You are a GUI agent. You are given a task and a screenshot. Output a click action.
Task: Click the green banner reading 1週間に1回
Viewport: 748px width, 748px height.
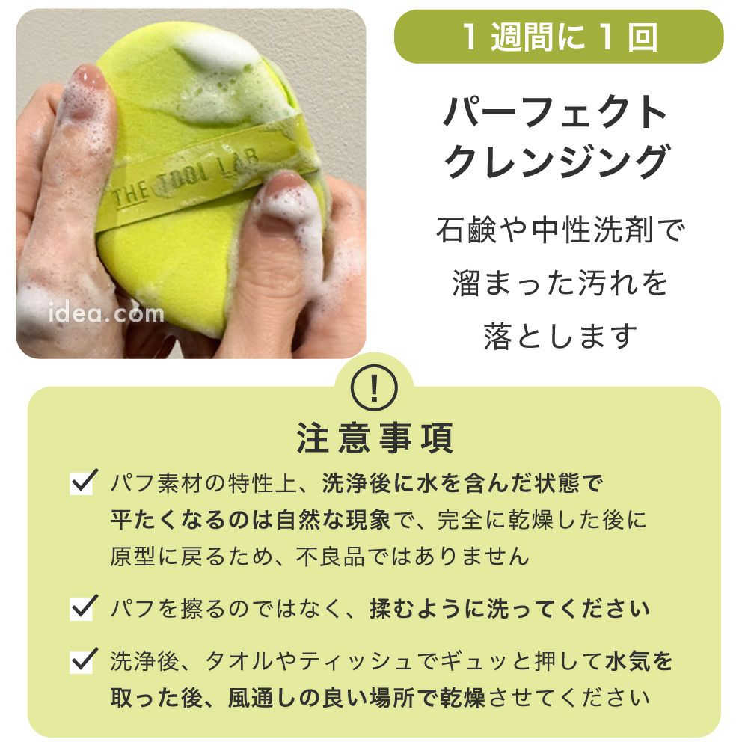click(559, 37)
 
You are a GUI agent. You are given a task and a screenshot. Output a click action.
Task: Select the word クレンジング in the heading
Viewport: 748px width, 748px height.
click(557, 162)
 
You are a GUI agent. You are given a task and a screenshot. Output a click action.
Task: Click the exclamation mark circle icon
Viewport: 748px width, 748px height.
click(374, 388)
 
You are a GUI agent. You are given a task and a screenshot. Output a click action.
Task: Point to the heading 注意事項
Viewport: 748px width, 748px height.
click(375, 438)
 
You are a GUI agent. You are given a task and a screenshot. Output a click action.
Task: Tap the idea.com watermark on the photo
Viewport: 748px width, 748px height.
click(106, 313)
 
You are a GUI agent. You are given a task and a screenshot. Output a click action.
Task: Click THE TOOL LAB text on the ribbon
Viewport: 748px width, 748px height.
click(185, 179)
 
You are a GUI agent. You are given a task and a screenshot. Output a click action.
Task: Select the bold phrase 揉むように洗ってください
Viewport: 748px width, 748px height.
click(509, 608)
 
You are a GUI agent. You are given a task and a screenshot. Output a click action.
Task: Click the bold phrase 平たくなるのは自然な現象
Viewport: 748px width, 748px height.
click(251, 520)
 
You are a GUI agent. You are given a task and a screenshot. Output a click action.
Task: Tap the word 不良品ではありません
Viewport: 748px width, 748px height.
click(413, 557)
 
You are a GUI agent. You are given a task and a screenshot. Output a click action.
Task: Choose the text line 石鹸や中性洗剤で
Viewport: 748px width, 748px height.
click(560, 230)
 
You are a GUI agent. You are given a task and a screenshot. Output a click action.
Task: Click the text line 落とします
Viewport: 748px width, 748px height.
click(560, 335)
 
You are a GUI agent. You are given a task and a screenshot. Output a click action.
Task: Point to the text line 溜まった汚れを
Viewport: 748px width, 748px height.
click(560, 283)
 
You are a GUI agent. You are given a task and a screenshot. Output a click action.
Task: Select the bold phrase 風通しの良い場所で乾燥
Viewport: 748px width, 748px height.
click(356, 698)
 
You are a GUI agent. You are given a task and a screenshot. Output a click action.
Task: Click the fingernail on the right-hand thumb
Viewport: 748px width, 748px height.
click(285, 185)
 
